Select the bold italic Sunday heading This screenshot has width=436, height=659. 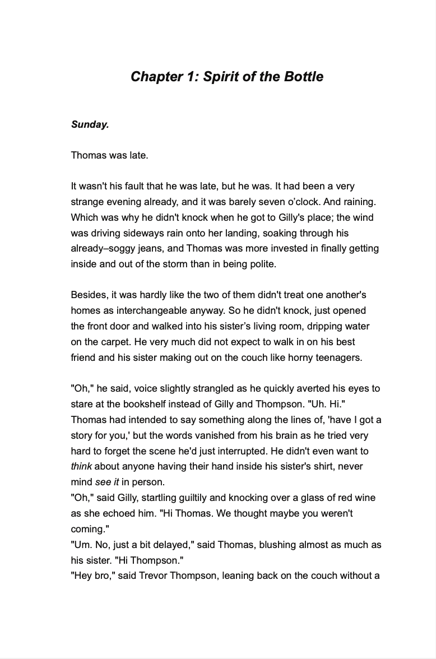(x=90, y=124)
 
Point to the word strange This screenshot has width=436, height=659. (x=88, y=202)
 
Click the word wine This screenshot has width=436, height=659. (x=365, y=498)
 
